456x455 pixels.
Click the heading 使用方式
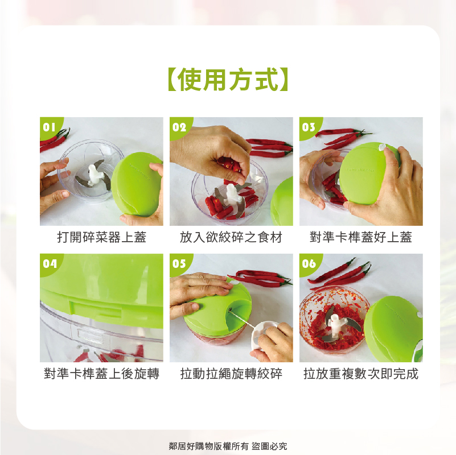[x=228, y=79]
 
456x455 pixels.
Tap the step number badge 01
[x=50, y=127]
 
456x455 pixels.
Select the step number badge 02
[x=179, y=127]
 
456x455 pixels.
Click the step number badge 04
[x=50, y=263]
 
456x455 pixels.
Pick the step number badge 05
[x=179, y=263]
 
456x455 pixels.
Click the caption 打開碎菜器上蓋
[x=101, y=237]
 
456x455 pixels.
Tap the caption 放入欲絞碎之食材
[x=231, y=237]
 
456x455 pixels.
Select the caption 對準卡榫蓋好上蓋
[x=361, y=237]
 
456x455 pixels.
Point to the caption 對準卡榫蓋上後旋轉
[x=101, y=374]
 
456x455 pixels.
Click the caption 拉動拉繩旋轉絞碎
[x=231, y=374]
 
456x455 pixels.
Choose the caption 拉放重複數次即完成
[x=361, y=374]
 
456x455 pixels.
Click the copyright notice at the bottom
[x=228, y=446]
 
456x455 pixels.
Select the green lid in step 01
[x=137, y=184]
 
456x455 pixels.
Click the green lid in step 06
[x=393, y=329]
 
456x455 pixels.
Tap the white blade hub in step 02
[x=232, y=195]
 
